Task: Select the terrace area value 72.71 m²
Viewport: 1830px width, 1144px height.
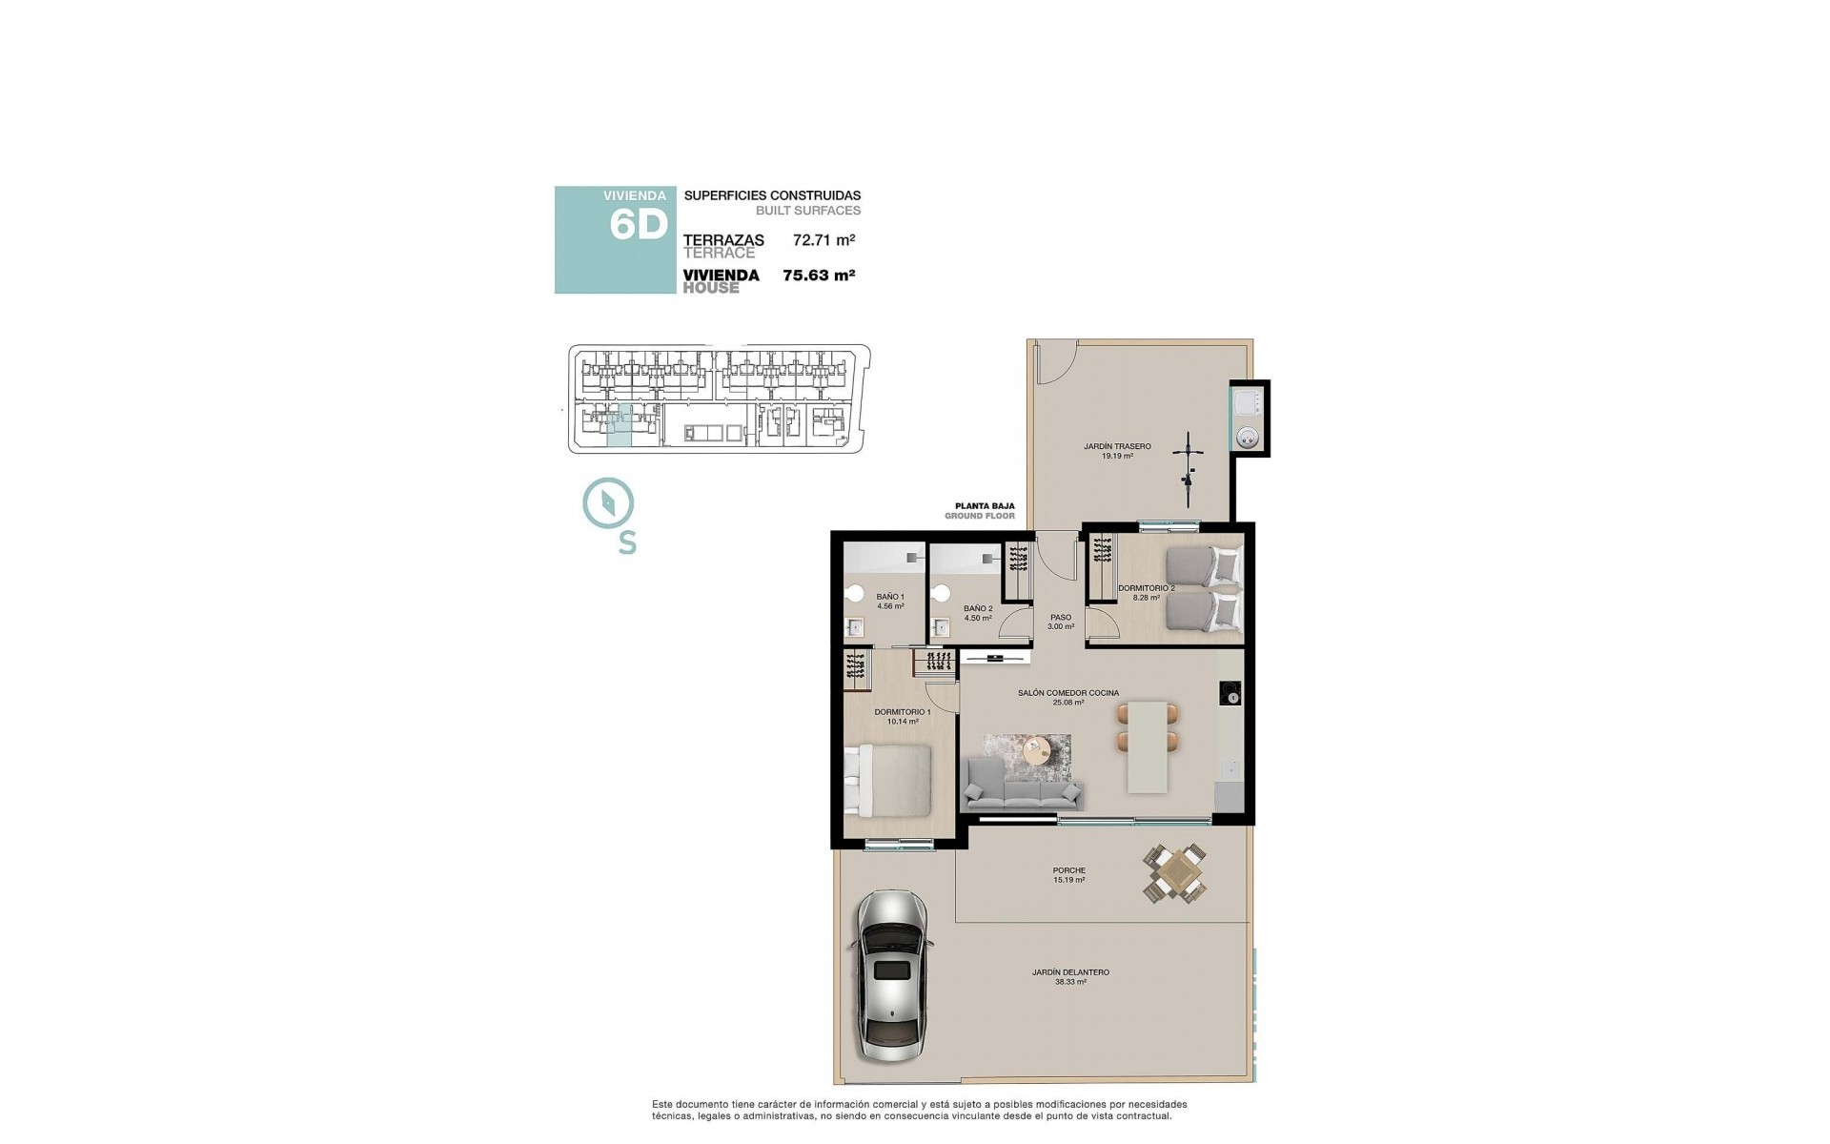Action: point(823,241)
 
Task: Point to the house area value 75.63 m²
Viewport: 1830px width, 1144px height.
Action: point(818,276)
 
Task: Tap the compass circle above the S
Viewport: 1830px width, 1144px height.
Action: point(608,504)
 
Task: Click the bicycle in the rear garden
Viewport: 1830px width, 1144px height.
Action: point(1188,469)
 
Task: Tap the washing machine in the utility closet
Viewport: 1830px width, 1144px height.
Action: point(1248,438)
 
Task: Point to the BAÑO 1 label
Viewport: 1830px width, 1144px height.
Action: point(889,601)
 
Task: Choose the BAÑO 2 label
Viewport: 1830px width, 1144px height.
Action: point(978,612)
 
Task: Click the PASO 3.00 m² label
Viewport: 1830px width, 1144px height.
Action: point(1061,622)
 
